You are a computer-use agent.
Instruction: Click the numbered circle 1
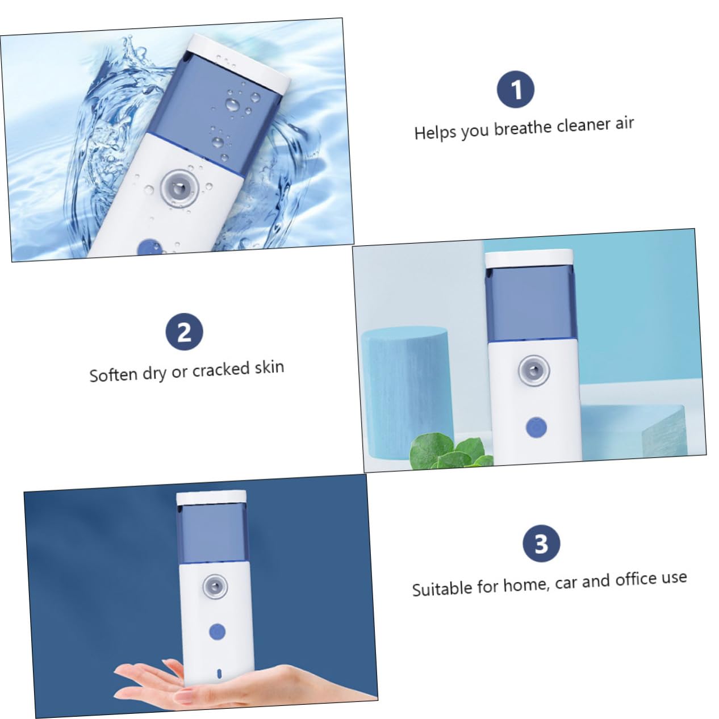[x=516, y=90]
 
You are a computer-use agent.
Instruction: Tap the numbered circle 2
[x=184, y=332]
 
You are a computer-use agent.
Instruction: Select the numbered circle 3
[x=541, y=544]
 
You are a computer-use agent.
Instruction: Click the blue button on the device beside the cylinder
[x=536, y=427]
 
